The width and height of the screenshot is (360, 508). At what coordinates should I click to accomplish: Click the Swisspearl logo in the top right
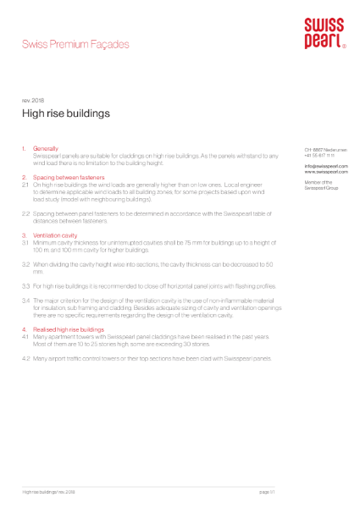point(324,33)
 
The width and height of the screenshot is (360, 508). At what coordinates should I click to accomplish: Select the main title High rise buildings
point(65,112)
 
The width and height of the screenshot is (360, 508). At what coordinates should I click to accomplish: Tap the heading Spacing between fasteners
point(68,177)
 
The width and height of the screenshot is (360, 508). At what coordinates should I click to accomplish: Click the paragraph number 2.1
point(25,184)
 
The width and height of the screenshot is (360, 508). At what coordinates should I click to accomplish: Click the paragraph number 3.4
point(25,301)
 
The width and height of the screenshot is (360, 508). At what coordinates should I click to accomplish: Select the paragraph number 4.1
point(25,336)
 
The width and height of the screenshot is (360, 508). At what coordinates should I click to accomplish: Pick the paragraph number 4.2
point(25,359)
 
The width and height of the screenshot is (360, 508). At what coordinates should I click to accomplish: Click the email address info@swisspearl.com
point(321,166)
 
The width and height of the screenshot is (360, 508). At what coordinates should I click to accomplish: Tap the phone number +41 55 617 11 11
point(319,156)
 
